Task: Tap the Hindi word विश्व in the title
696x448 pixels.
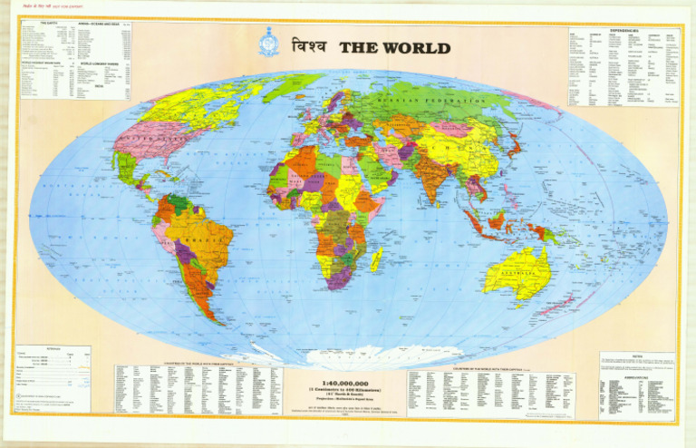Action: (309, 47)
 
